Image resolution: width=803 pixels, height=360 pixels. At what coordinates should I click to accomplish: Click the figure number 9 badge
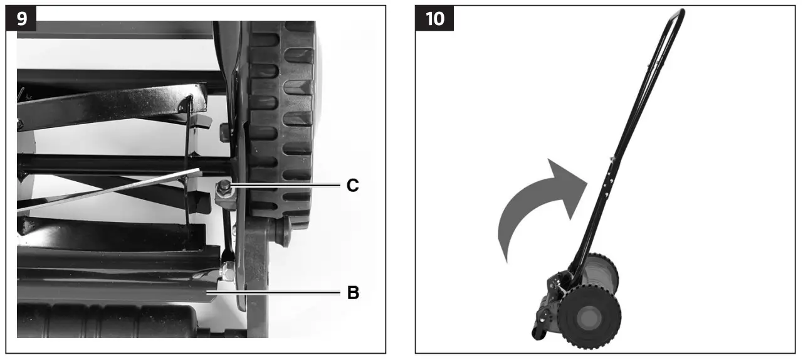[x=21, y=18]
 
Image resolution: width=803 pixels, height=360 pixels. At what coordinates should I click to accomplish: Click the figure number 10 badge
[x=434, y=18]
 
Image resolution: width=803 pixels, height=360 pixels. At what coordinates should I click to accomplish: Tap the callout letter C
[x=353, y=186]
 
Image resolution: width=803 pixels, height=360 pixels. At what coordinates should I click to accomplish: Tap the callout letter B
[x=353, y=292]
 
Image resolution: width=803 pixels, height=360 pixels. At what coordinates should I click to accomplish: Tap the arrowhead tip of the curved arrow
[x=587, y=182]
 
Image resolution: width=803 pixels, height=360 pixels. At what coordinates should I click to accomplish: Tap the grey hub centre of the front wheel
[x=590, y=317]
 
